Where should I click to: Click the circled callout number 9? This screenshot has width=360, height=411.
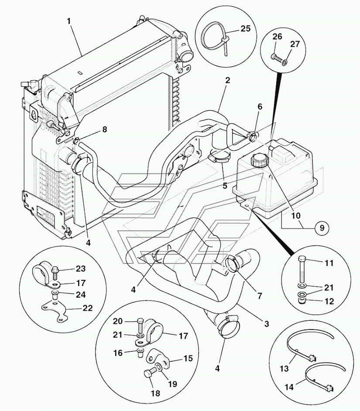point(321,227)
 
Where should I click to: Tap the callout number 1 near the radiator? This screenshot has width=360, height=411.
point(68,20)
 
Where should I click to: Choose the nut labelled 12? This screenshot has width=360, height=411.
point(300,300)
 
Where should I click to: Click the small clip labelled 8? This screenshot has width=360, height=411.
point(76,141)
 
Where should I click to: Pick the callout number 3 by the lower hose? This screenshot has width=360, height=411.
point(267,324)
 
